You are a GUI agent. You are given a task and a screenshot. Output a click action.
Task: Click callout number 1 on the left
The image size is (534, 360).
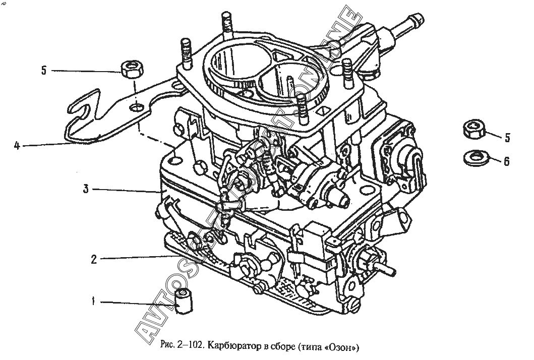93,302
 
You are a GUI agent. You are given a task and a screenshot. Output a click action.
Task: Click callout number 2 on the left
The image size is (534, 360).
93,260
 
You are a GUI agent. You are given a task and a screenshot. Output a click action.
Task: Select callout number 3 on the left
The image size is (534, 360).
86,189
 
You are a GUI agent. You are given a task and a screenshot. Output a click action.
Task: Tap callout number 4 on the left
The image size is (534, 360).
17,146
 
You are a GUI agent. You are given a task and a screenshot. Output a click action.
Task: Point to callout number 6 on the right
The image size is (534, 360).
506,161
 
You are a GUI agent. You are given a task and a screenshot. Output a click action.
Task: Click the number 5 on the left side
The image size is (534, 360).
44,71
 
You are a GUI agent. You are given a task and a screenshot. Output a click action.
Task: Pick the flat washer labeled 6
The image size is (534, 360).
473,157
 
